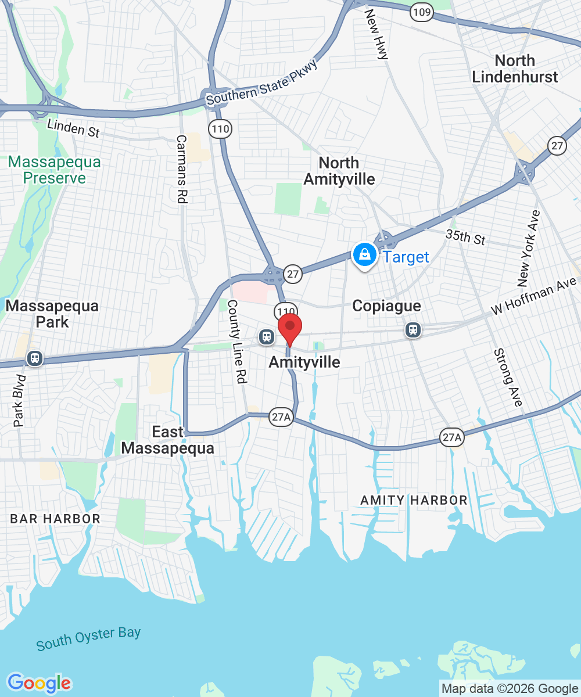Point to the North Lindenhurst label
515,69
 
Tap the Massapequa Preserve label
55,170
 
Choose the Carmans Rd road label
181,169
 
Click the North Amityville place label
339,171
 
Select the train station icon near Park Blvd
35,358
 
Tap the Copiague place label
386,306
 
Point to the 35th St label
465,238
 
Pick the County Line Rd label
237,341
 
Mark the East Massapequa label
167,440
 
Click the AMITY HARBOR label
414,500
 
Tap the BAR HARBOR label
55,519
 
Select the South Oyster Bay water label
88,638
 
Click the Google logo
39,683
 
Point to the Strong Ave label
508,377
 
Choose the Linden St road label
74,128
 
